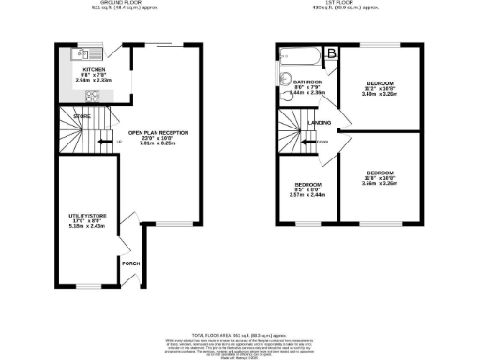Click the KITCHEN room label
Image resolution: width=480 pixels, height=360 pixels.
click(x=94, y=70)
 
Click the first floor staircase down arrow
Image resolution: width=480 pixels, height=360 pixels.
click(x=312, y=142)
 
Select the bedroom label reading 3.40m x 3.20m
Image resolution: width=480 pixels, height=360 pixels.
click(x=382, y=85)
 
